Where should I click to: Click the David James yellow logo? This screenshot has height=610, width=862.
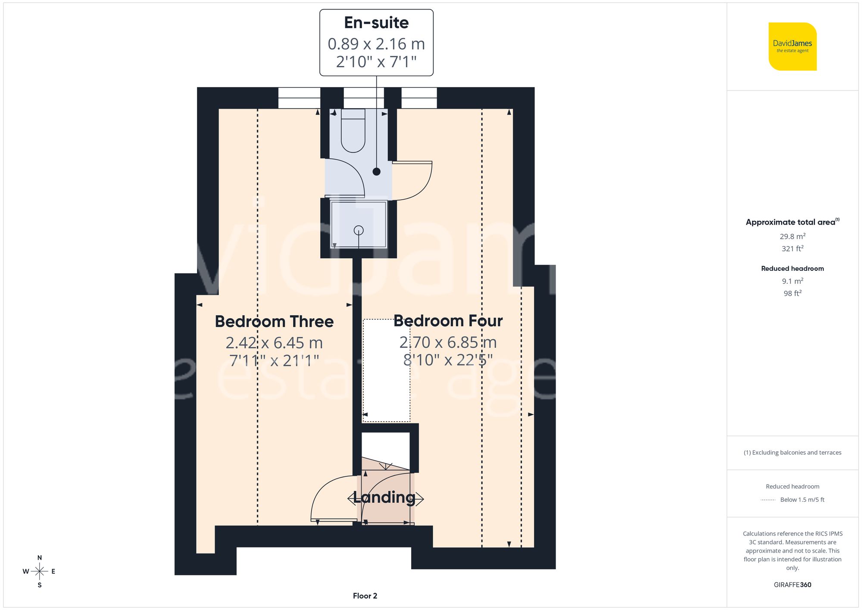click(792, 47)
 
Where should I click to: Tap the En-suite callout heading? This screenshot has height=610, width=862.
click(376, 23)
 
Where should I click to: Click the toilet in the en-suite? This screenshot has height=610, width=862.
click(353, 131)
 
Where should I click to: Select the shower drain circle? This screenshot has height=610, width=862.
click(359, 230)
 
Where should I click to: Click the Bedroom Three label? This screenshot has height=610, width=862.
click(274, 322)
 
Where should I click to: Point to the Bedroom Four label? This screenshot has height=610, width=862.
click(448, 321)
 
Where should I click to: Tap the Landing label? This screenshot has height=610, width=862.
click(384, 497)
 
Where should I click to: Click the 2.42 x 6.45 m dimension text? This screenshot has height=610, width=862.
click(274, 343)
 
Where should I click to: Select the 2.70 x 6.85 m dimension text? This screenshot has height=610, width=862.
click(448, 342)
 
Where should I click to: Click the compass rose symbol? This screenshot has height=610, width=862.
click(39, 572)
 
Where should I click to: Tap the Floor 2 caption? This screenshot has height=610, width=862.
click(365, 596)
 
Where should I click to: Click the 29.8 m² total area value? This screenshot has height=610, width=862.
click(792, 236)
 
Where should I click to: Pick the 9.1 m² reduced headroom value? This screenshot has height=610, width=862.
click(792, 281)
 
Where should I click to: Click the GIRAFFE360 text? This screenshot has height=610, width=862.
click(792, 585)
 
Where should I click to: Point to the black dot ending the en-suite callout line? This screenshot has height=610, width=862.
click(376, 172)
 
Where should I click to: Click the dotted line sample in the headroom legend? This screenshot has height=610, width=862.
click(768, 500)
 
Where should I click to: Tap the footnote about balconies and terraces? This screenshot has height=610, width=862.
click(792, 453)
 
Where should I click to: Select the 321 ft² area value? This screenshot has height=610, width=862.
click(792, 249)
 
